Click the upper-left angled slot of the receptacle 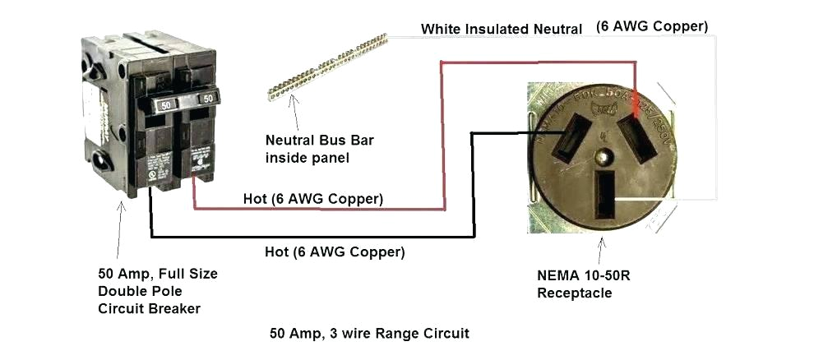click(x=567, y=143)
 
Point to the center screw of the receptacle click(x=605, y=155)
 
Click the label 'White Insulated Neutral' click(x=502, y=29)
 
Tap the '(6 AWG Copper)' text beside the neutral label click(x=651, y=26)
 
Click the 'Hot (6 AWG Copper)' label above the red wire click(x=312, y=199)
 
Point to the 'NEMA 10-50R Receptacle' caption click(x=580, y=284)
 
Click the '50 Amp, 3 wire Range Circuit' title click(x=369, y=334)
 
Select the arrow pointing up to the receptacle click(x=603, y=251)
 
